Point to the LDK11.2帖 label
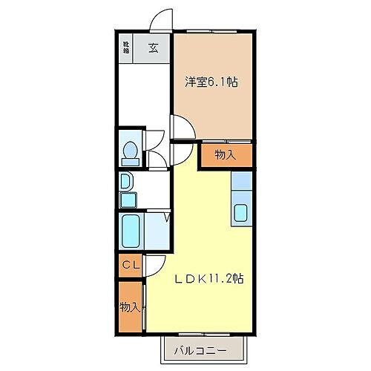[x=209, y=279]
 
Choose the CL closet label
[x=130, y=265]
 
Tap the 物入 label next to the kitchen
[x=225, y=154]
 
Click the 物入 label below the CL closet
[x=129, y=306]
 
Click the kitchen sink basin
[x=243, y=213]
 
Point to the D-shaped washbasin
[x=126, y=181]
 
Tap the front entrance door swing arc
[x=160, y=22]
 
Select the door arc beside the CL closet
[x=154, y=266]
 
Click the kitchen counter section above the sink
[x=243, y=183]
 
